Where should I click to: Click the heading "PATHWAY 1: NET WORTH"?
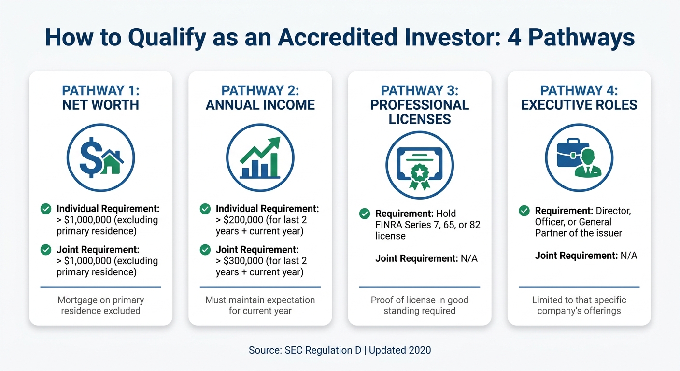pyautogui.click(x=100, y=98)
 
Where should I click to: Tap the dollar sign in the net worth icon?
pyautogui.click(x=91, y=157)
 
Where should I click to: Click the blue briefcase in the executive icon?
pyautogui.click(x=569, y=154)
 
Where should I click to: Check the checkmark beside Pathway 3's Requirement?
pyautogui.click(x=365, y=213)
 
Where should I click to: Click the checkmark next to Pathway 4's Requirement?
pyautogui.click(x=524, y=211)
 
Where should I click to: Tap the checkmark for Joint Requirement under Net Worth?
pyautogui.click(x=46, y=250)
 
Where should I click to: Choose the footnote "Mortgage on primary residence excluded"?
pyautogui.click(x=100, y=305)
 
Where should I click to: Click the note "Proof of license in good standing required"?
pyautogui.click(x=419, y=305)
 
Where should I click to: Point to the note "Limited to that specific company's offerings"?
pyautogui.click(x=579, y=305)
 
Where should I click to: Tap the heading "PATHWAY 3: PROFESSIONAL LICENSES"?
pyautogui.click(x=419, y=105)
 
